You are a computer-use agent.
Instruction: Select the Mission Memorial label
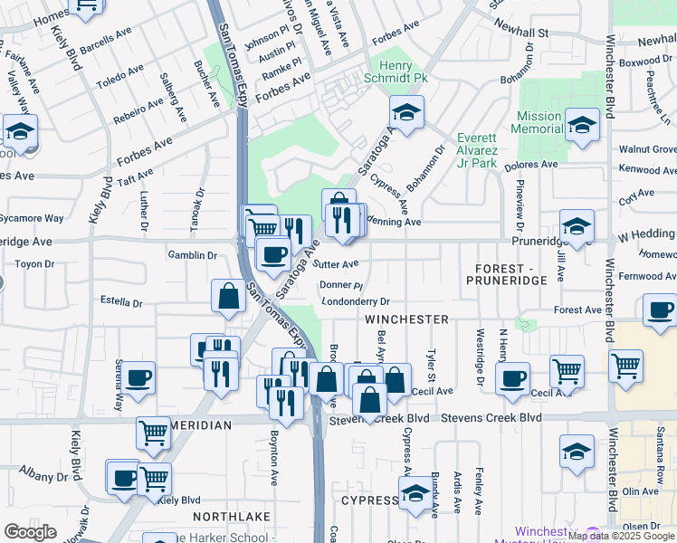[539, 123]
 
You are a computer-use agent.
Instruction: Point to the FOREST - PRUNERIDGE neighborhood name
[507, 275]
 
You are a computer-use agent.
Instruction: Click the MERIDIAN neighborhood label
[198, 424]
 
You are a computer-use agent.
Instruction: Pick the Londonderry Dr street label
[355, 301]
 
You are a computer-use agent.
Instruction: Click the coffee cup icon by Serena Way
[138, 377]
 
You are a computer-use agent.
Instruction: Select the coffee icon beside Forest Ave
[660, 310]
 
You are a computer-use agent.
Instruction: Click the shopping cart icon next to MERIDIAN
[153, 433]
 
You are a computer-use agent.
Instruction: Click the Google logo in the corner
[30, 532]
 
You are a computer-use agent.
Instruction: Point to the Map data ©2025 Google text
[622, 536]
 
